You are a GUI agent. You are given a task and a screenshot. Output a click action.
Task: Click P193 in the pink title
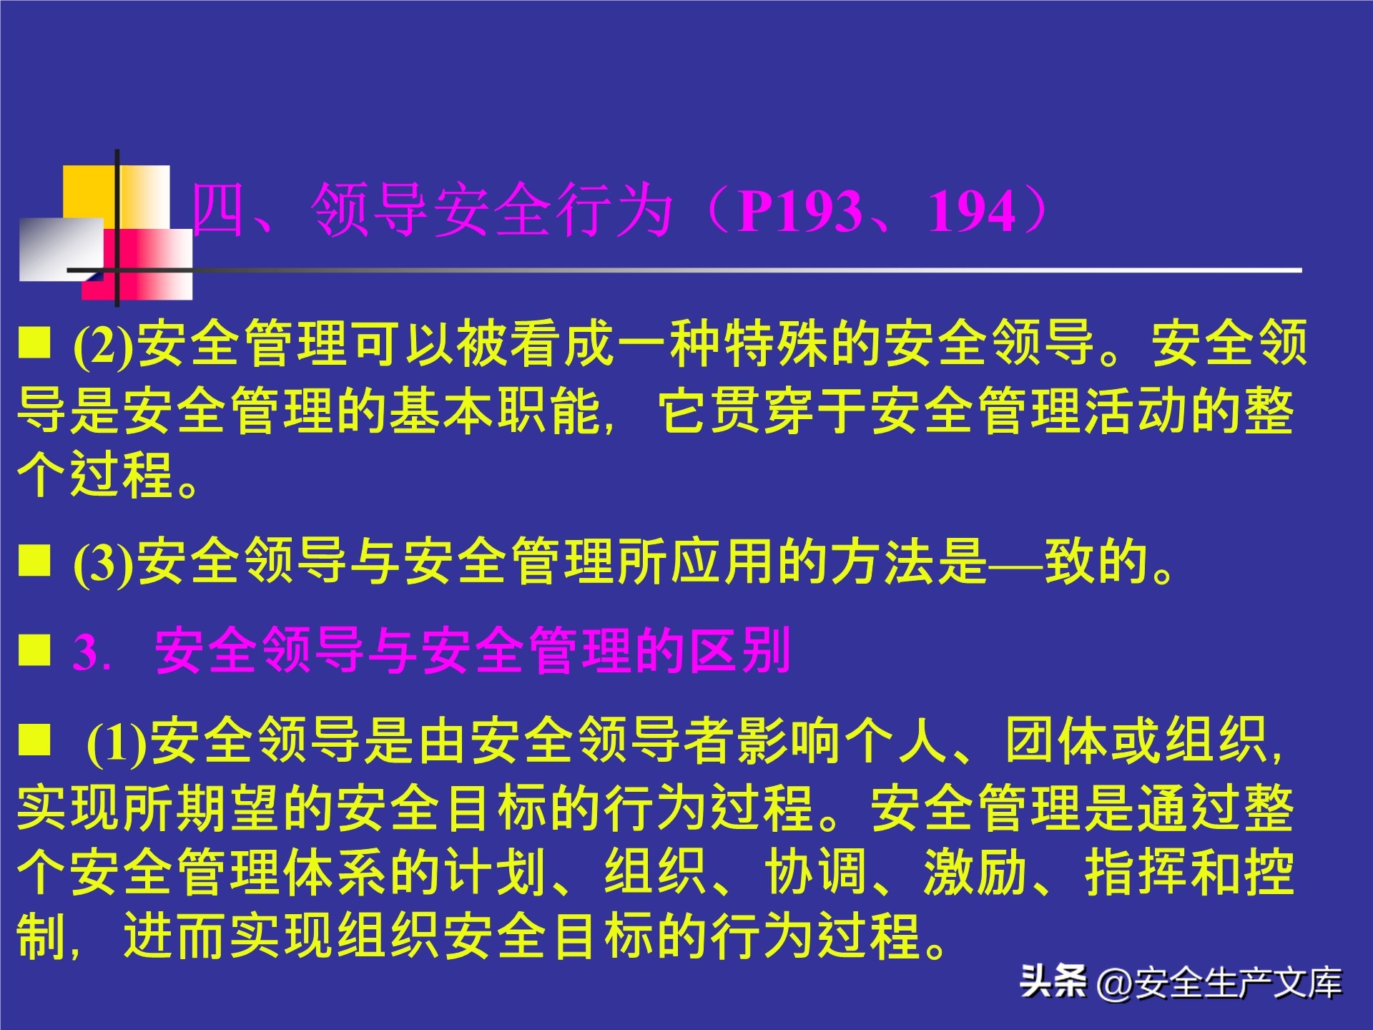click(x=799, y=211)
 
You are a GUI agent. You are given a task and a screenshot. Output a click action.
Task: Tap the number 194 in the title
click(x=972, y=211)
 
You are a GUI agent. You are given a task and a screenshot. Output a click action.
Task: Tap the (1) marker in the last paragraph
click(x=117, y=742)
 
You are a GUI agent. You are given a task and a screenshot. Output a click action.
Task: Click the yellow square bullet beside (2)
click(x=34, y=342)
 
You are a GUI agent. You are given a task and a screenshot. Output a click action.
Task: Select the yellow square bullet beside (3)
click(x=34, y=560)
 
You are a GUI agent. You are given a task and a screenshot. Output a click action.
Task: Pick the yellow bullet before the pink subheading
click(x=34, y=649)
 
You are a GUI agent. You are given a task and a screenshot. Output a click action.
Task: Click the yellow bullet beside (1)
click(x=34, y=740)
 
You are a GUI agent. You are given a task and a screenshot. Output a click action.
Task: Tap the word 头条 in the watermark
click(x=1053, y=981)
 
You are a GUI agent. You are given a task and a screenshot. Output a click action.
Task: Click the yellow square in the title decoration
click(x=89, y=191)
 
